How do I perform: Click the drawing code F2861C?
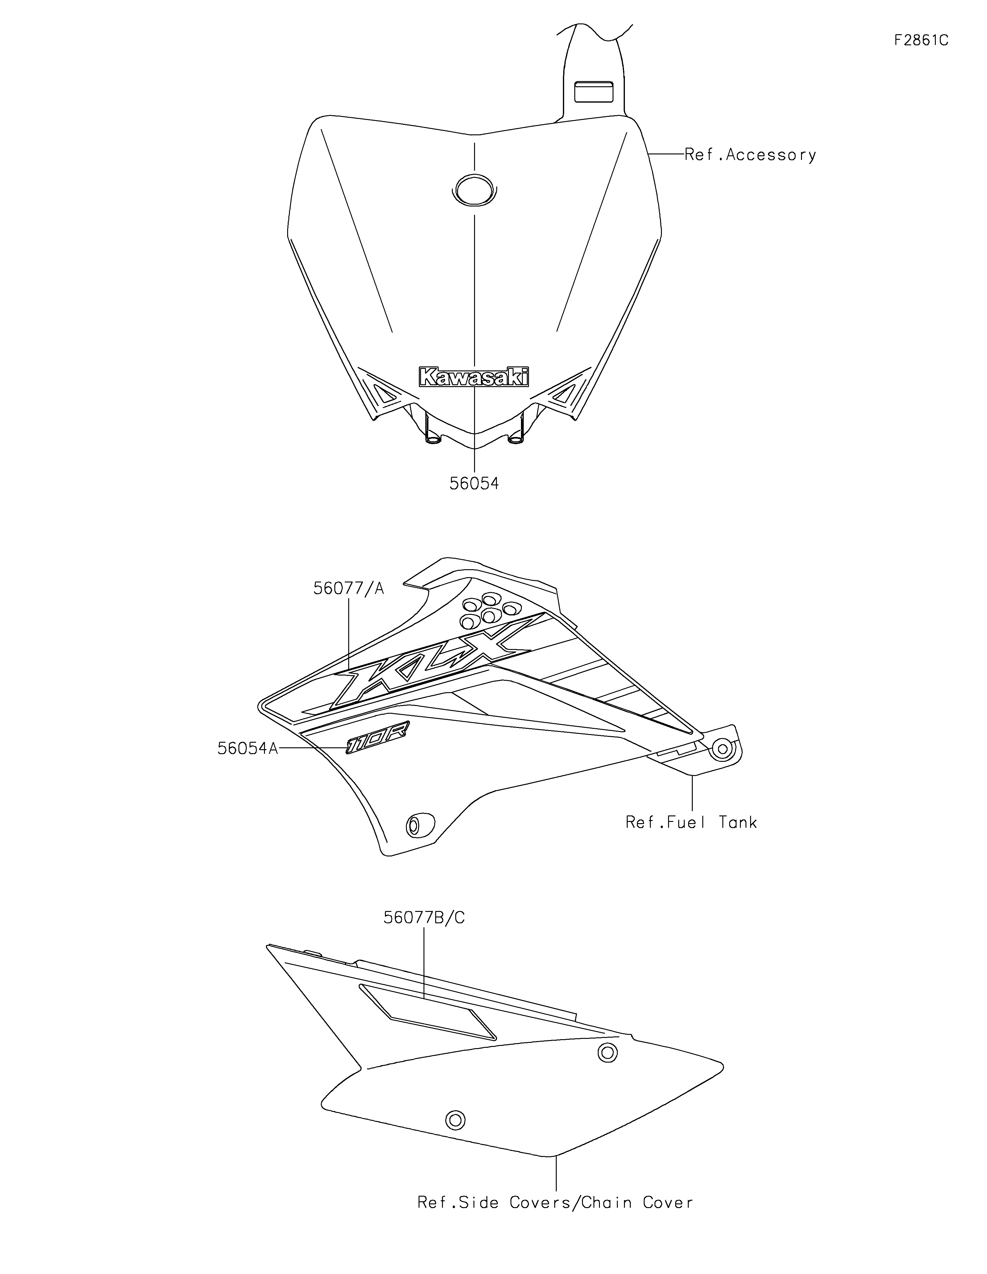click(x=921, y=40)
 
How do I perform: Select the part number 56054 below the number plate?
click(x=474, y=484)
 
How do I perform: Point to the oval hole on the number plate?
click(x=474, y=190)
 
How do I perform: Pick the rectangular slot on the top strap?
click(x=594, y=92)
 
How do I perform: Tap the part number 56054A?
click(x=247, y=749)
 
